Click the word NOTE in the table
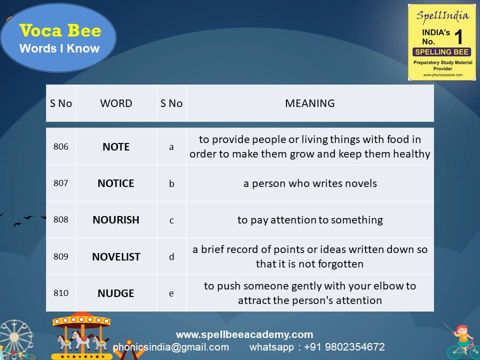pyautogui.click(x=116, y=147)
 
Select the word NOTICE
pyautogui.click(x=116, y=183)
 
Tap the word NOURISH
pyautogui.click(x=116, y=220)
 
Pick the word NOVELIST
pyautogui.click(x=116, y=257)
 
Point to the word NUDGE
pyautogui.click(x=116, y=293)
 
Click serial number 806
pyautogui.click(x=60, y=147)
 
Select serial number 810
pyautogui.click(x=60, y=293)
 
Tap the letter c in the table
pyautogui.click(x=171, y=220)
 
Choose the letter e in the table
pyautogui.click(x=171, y=293)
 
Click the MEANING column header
pyautogui.click(x=310, y=103)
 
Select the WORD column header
pyautogui.click(x=116, y=103)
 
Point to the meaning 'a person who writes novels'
pyautogui.click(x=310, y=183)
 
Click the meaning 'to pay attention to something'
pyautogui.click(x=310, y=220)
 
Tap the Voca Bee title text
pyautogui.click(x=60, y=31)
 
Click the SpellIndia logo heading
pyautogui.click(x=442, y=15)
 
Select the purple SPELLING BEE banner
pyautogui.click(x=442, y=52)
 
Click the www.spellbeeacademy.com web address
pyautogui.click(x=244, y=334)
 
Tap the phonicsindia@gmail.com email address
pyautogui.click(x=171, y=347)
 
